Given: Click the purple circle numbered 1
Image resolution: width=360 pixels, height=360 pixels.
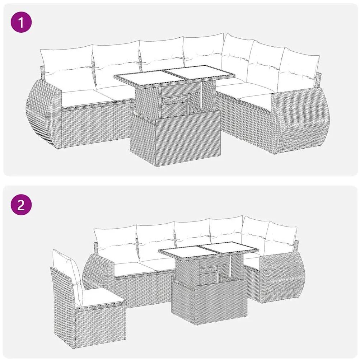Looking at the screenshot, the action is click(21, 23).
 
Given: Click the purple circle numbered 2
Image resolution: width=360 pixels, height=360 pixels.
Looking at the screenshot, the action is click(21, 205).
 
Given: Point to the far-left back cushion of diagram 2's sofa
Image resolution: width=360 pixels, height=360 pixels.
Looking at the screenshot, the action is click(116, 244).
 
